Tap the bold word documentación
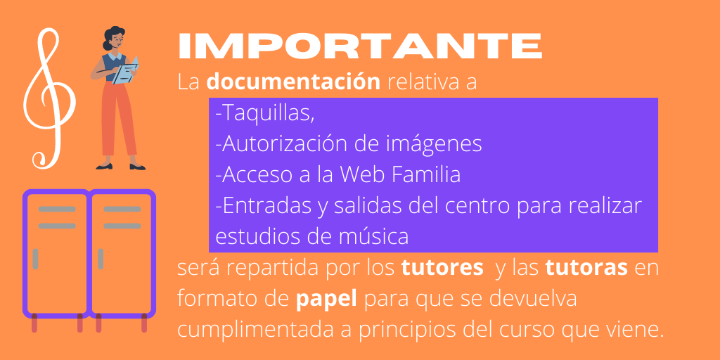[293, 82]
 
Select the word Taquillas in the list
[266, 113]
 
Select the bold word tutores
[442, 268]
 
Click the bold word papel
[327, 299]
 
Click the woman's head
[115, 39]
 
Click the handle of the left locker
[35, 259]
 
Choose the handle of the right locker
[101, 259]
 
